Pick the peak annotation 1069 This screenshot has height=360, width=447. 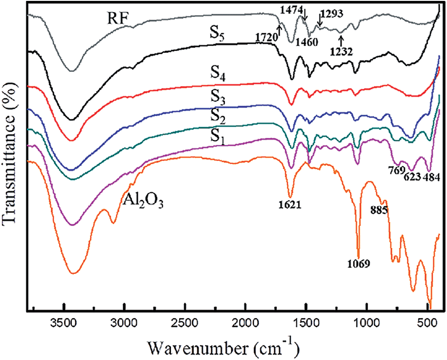(358, 263)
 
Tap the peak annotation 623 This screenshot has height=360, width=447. (412, 177)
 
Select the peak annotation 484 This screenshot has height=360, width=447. (431, 177)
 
